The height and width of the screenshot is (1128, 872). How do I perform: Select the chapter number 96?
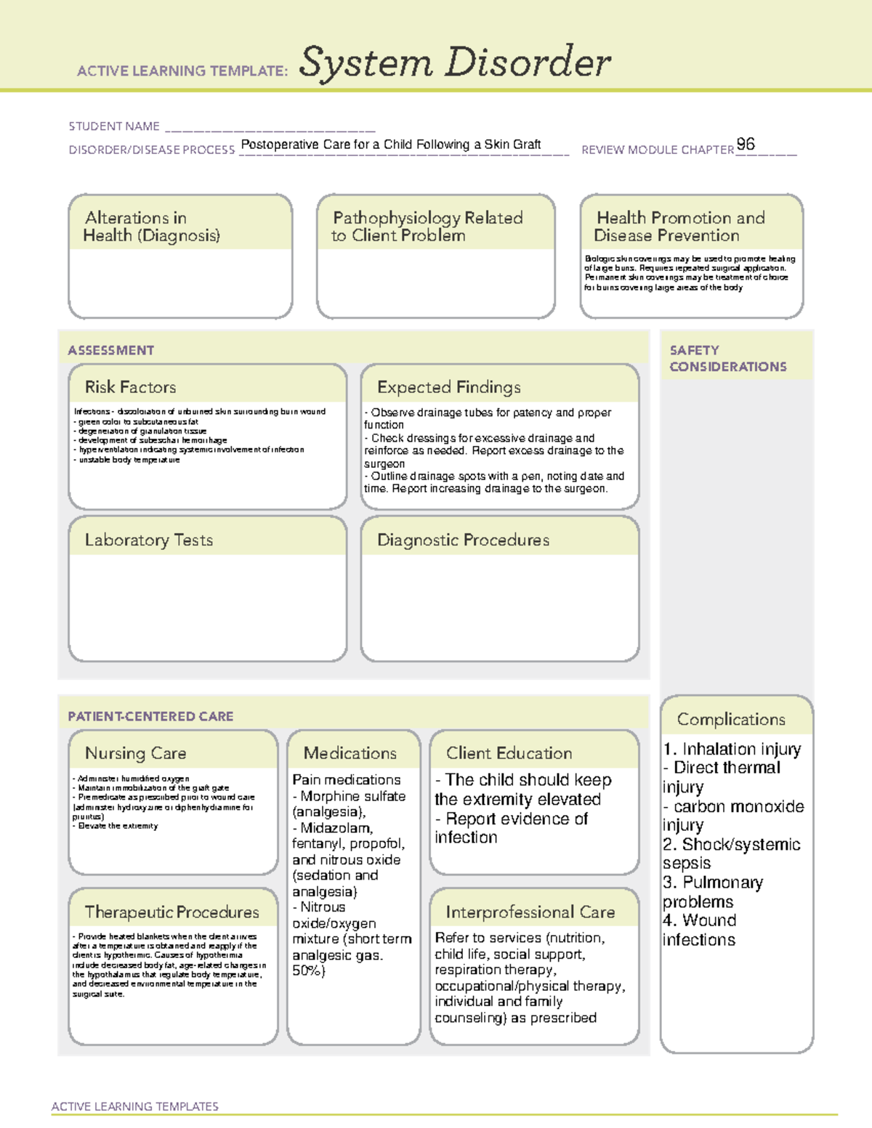[x=746, y=144]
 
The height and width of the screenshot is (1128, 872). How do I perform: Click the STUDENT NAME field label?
[x=114, y=126]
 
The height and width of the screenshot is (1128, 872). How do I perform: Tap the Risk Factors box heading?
[x=130, y=387]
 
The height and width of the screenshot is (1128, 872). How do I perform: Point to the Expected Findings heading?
[x=448, y=387]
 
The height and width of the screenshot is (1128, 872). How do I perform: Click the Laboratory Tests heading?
[x=148, y=540]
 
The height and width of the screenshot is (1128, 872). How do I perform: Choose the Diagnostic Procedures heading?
[x=463, y=540]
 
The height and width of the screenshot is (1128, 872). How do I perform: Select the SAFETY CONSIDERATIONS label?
[x=727, y=358]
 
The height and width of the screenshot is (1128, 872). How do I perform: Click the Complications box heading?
[x=731, y=719]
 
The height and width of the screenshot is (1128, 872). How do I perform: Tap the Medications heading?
[x=350, y=753]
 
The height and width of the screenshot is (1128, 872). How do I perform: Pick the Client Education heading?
[x=509, y=753]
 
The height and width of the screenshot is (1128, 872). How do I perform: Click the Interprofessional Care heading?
[x=530, y=912]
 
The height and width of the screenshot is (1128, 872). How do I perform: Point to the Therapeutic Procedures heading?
[x=171, y=912]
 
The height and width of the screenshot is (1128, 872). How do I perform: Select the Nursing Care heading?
[x=135, y=753]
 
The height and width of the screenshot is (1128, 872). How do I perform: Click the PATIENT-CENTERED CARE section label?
[x=150, y=716]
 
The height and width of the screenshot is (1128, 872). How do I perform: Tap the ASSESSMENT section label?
[x=110, y=350]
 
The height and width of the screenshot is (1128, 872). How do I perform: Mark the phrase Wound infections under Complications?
[x=699, y=930]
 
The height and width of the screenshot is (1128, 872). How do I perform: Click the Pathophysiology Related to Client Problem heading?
[x=427, y=227]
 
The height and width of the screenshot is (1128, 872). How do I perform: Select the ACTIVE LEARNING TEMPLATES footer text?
[x=134, y=1106]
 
